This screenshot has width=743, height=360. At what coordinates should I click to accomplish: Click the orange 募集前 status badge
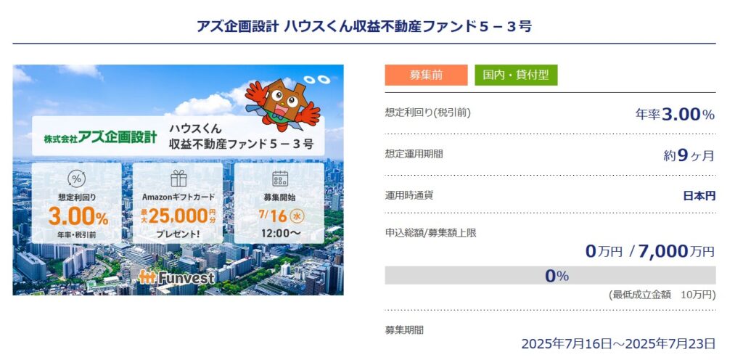(x=426, y=75)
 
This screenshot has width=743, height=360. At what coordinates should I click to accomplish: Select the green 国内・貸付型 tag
(x=516, y=75)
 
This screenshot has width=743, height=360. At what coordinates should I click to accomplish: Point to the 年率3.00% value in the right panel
(x=675, y=114)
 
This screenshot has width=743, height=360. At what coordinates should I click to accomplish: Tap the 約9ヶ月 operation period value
(x=689, y=155)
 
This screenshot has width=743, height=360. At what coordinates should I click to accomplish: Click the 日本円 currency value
(x=699, y=196)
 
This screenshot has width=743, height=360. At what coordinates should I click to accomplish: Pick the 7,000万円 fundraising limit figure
(x=676, y=251)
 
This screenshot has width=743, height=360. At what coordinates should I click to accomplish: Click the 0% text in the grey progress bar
(x=557, y=276)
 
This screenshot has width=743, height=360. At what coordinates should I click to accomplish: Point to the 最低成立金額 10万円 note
(x=662, y=295)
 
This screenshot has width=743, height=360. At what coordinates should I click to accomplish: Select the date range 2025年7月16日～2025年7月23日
(x=618, y=344)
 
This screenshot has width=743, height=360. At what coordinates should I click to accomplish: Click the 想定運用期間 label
(x=414, y=154)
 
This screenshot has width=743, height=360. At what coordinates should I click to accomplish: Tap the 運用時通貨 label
(x=409, y=195)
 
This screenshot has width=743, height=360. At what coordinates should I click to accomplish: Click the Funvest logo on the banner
(x=176, y=277)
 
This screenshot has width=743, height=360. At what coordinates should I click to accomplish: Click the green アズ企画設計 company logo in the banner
(x=100, y=137)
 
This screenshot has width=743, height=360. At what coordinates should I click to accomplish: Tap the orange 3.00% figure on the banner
(x=78, y=218)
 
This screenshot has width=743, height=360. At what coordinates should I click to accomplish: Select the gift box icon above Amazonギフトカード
(x=178, y=179)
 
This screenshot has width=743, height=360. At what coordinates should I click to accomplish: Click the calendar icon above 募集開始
(x=279, y=179)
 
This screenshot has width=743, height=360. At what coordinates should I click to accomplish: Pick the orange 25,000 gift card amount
(x=178, y=216)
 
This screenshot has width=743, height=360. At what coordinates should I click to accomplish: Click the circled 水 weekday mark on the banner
(x=297, y=216)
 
